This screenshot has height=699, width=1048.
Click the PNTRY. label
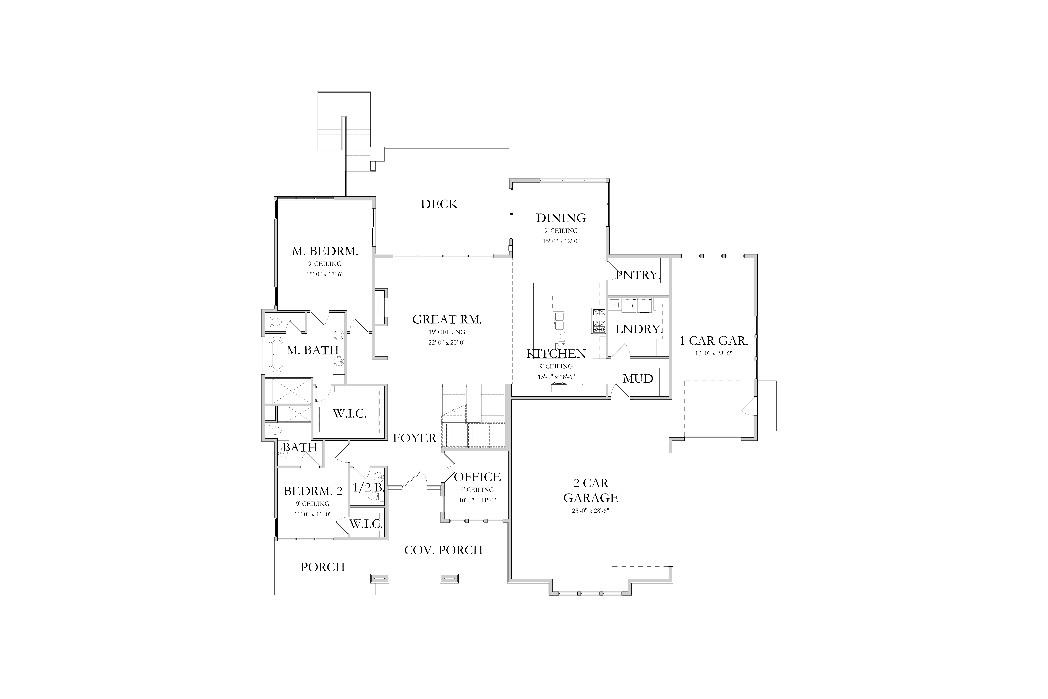(x=638, y=275)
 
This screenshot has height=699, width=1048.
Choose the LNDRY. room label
(x=639, y=329)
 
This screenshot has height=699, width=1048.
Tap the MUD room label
(x=638, y=378)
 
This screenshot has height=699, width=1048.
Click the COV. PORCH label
(x=443, y=550)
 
